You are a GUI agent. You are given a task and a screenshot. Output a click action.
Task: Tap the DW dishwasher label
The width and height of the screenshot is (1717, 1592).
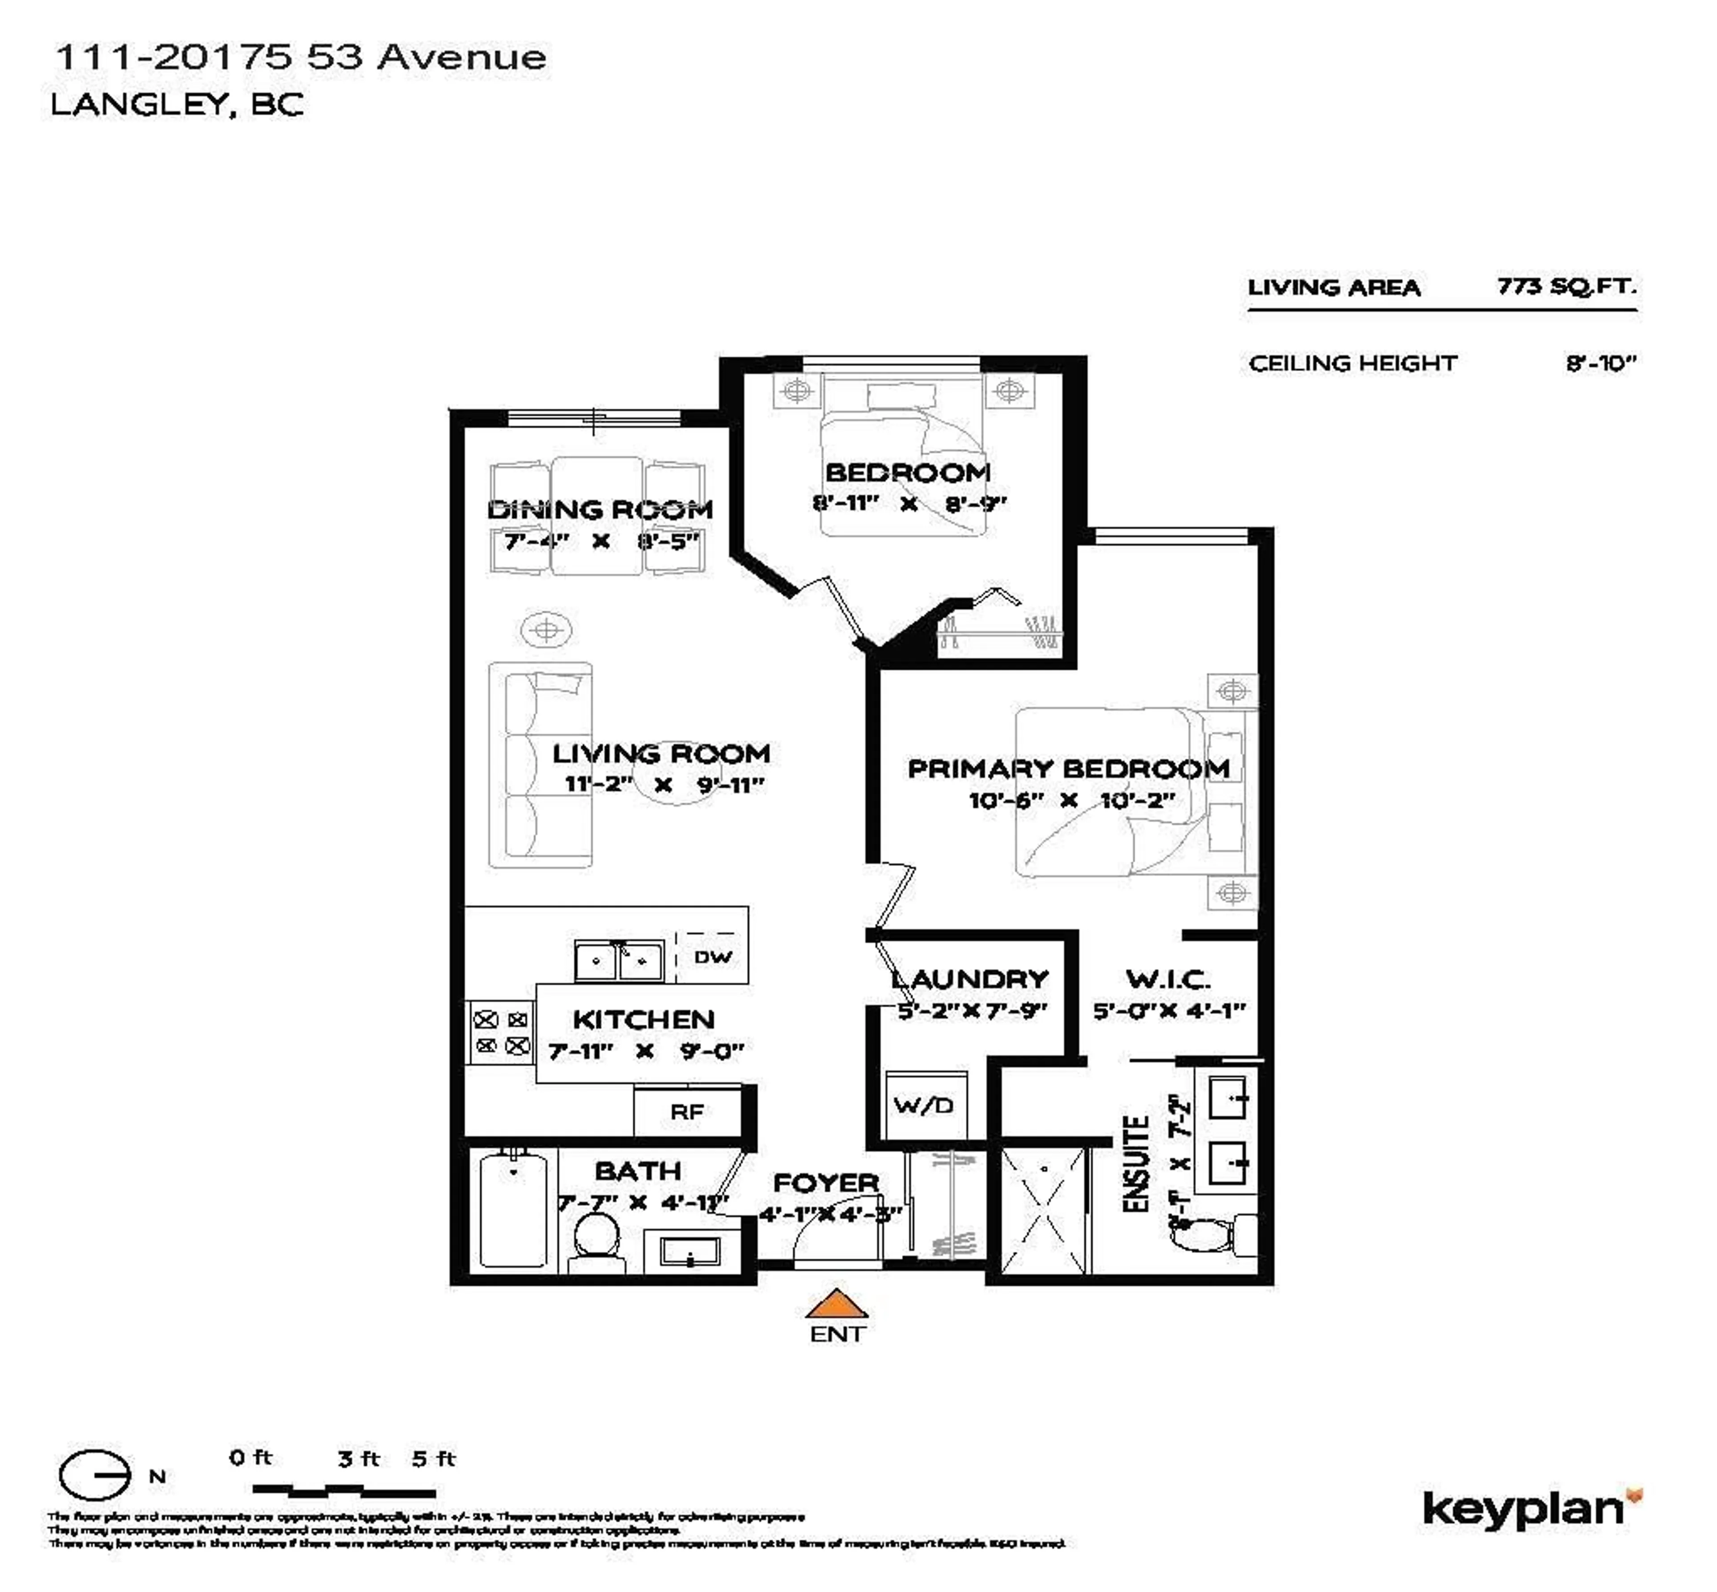coord(712,956)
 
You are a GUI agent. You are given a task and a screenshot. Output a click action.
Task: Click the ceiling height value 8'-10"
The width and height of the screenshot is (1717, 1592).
coord(1600,363)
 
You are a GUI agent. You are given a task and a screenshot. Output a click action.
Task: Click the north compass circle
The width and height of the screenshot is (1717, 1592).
coord(94,1476)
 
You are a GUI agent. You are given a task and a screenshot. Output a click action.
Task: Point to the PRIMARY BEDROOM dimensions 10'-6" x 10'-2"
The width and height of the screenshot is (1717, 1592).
coord(1071,800)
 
